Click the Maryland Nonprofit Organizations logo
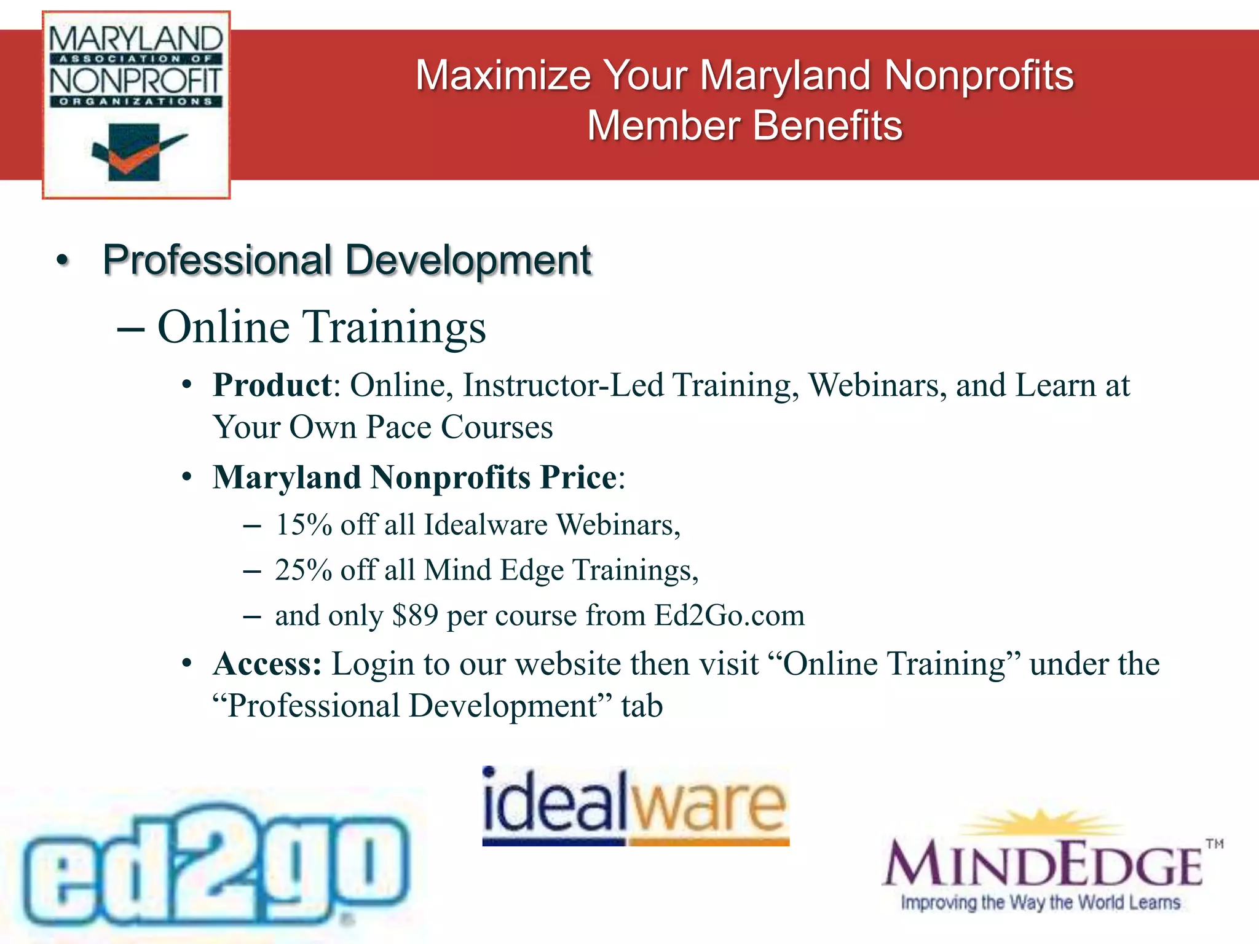pyautogui.click(x=136, y=104)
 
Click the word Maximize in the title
pyautogui.click(x=503, y=76)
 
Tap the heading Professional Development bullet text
pyautogui.click(x=346, y=260)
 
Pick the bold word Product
pyautogui.click(x=272, y=386)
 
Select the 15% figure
pyautogui.click(x=304, y=525)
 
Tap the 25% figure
pyautogui.click(x=304, y=571)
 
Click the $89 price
pyautogui.click(x=415, y=616)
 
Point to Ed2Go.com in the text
pyautogui.click(x=729, y=616)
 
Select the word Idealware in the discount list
pyautogui.click(x=486, y=525)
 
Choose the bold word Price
pyautogui.click(x=578, y=478)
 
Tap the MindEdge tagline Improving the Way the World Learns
pyautogui.click(x=1040, y=902)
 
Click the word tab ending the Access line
pyautogui.click(x=642, y=706)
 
